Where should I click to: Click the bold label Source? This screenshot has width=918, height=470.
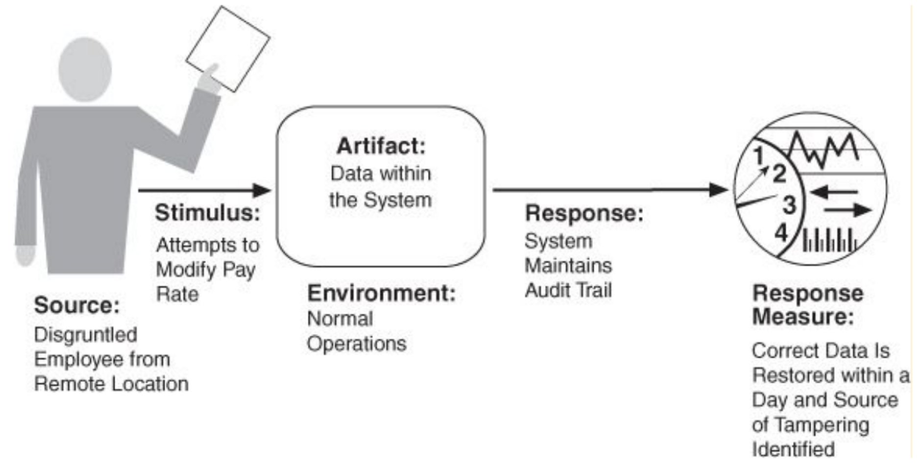click(77, 305)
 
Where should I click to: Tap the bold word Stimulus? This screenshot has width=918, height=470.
click(207, 213)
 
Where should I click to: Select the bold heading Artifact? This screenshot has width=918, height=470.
click(381, 146)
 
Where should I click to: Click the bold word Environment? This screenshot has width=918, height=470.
click(381, 293)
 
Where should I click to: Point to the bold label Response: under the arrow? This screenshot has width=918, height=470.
click(584, 213)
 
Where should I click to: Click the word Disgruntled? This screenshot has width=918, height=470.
click(86, 335)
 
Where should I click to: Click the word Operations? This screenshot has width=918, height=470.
click(357, 344)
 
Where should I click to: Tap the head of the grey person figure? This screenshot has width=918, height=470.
click(85, 69)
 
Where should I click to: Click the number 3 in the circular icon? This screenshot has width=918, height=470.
click(789, 205)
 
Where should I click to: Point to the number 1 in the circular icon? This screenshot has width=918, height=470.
click(759, 156)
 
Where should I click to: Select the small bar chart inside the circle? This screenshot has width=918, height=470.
click(829, 241)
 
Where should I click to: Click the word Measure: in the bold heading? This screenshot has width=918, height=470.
click(803, 317)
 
